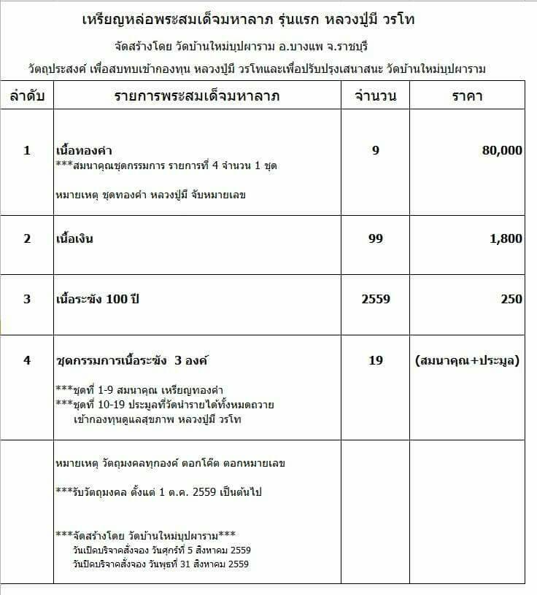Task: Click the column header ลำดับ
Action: click(28, 96)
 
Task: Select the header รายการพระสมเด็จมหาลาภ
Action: click(198, 96)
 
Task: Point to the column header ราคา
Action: click(467, 96)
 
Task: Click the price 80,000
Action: click(502, 150)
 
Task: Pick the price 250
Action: click(511, 299)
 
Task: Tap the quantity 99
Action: click(375, 238)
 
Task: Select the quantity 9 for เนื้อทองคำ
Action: click(375, 150)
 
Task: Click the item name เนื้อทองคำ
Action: click(83, 151)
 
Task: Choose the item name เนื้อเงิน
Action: click(75, 238)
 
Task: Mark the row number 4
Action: click(28, 360)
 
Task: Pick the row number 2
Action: click(28, 238)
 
